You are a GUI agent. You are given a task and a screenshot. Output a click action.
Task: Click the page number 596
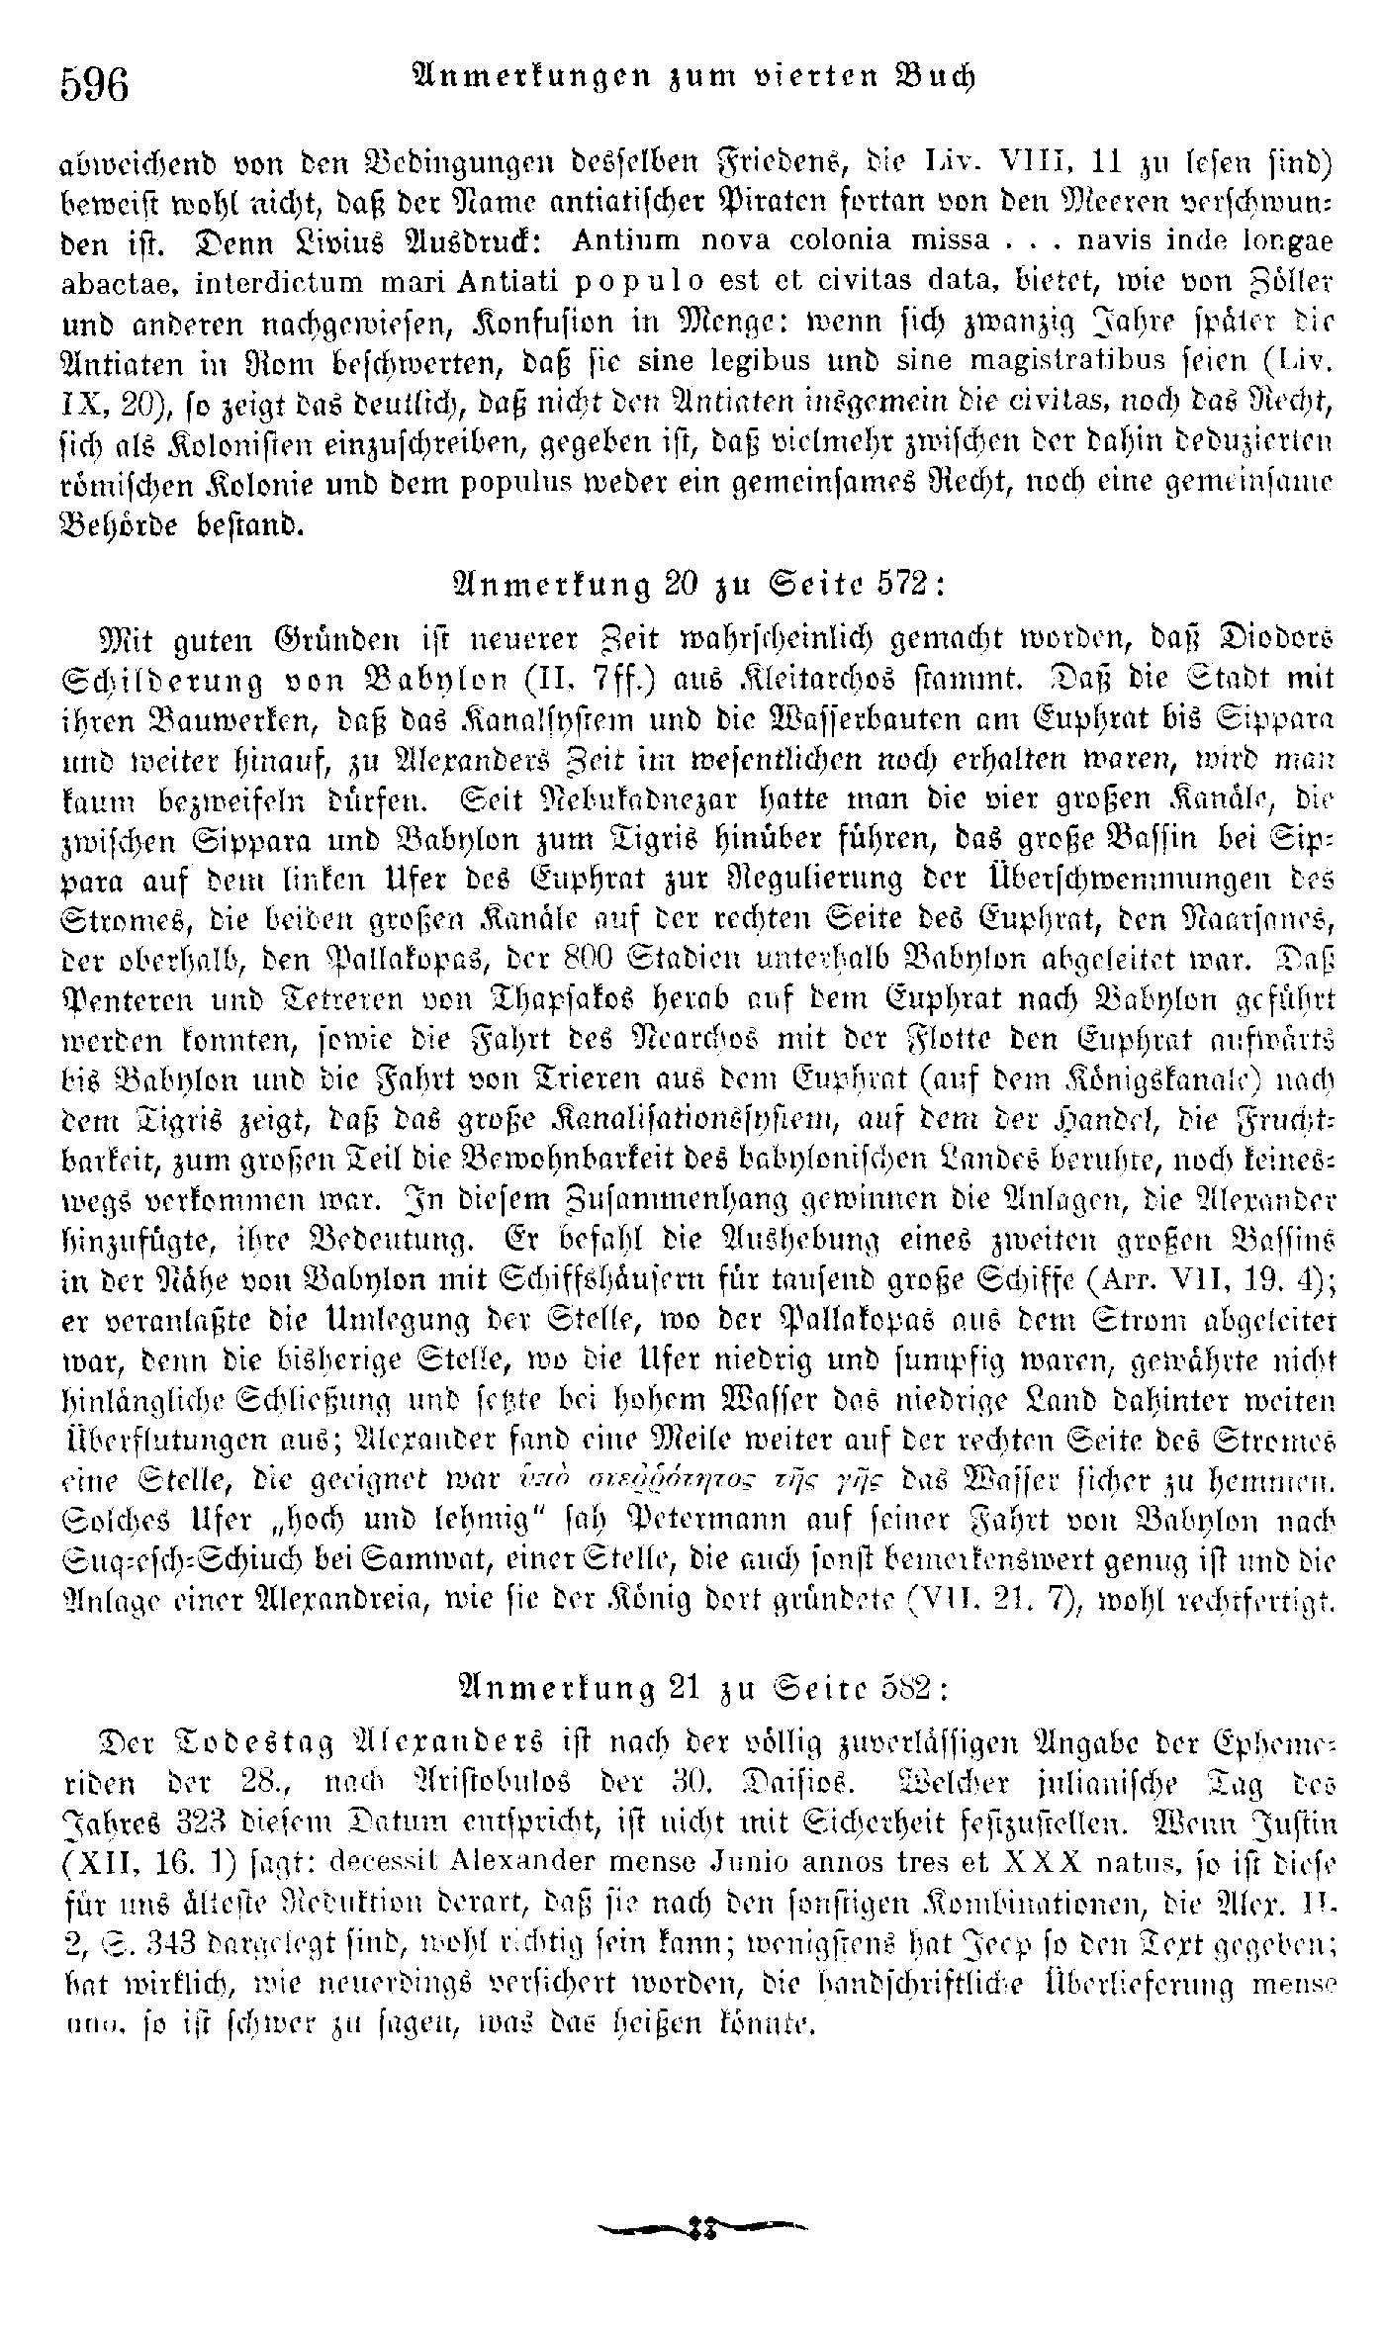pos(95,84)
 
